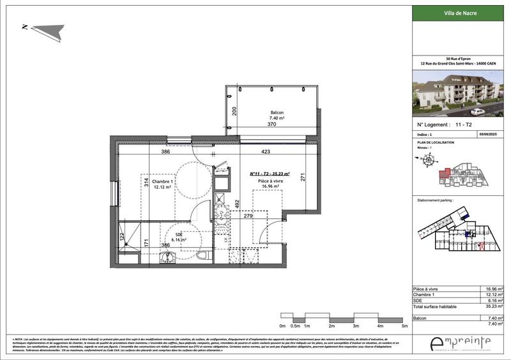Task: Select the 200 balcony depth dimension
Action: pos(234,111)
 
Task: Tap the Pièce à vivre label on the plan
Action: pos(270,181)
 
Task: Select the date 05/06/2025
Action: pos(487,135)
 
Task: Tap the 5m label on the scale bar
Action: pos(404,326)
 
